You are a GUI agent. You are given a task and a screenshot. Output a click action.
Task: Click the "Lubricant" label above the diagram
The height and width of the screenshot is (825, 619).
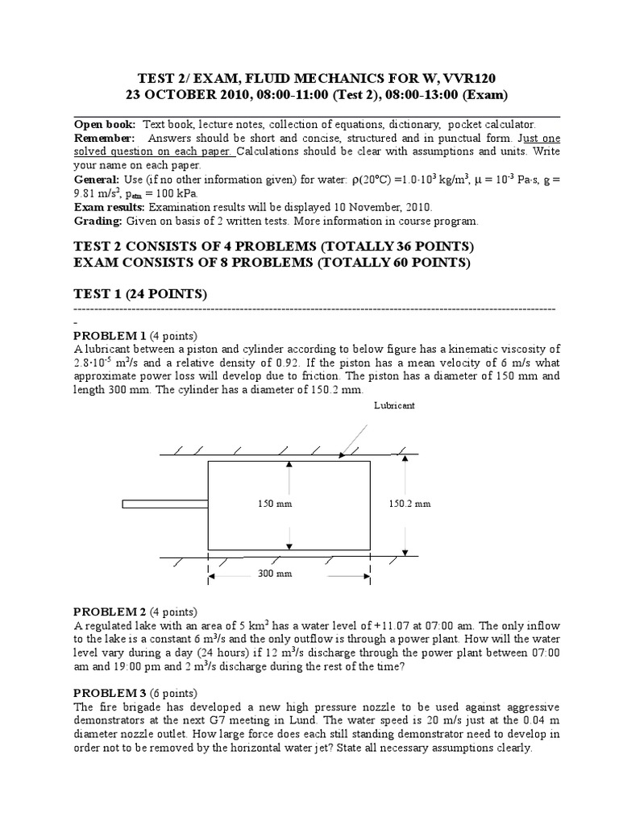coord(394,406)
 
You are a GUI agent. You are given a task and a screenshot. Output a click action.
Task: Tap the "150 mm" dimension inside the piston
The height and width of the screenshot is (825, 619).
coord(272,504)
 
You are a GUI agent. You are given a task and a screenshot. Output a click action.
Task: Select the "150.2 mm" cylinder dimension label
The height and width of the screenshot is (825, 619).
coord(409,504)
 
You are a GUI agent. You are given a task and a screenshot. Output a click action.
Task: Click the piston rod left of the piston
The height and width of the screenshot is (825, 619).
coord(165,504)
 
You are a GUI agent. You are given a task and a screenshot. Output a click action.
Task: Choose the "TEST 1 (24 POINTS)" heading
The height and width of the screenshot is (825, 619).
coord(140,295)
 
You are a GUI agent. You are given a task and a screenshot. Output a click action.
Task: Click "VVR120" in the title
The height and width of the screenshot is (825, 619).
coord(465,77)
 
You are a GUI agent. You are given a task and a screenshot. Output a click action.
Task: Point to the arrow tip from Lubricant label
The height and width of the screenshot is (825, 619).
coord(342,456)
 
